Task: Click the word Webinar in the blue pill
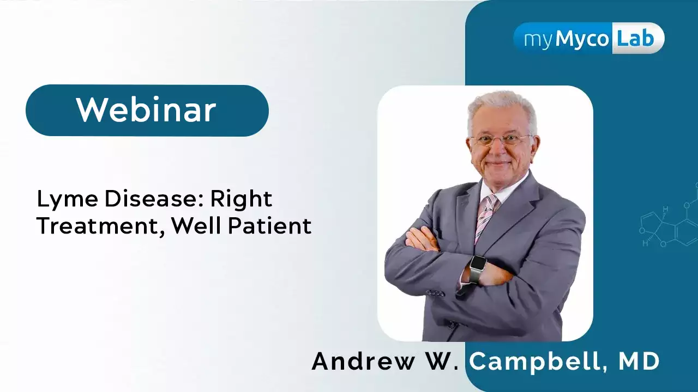pyautogui.click(x=146, y=110)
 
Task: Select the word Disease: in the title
pyautogui.click(x=154, y=199)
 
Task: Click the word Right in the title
pyautogui.click(x=241, y=200)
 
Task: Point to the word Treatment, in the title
pyautogui.click(x=100, y=226)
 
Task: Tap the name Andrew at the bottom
pyautogui.click(x=363, y=361)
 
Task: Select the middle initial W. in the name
pyautogui.click(x=442, y=361)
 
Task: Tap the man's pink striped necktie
pyautogui.click(x=485, y=218)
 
